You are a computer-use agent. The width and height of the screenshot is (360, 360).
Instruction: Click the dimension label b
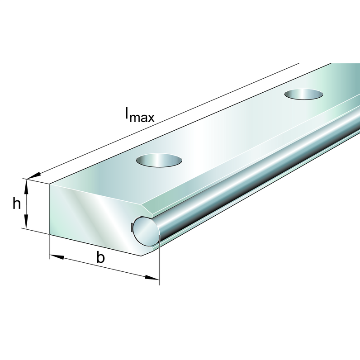click(x=100, y=257)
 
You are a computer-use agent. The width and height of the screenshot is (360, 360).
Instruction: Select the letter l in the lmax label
click(x=127, y=113)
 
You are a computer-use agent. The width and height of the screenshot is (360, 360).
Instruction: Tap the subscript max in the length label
click(x=142, y=118)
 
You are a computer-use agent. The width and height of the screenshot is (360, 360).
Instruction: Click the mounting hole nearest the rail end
click(x=159, y=160)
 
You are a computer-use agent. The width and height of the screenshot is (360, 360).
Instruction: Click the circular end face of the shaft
click(x=145, y=231)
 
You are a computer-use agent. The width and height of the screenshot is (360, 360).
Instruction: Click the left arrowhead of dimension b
click(x=57, y=257)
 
